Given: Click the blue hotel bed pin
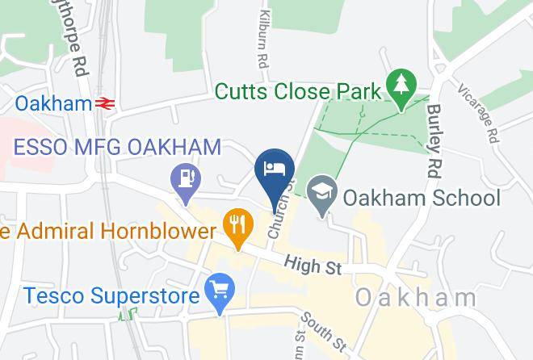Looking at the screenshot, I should pyautogui.click(x=274, y=170).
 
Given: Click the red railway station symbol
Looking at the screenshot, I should pyautogui.click(x=103, y=103).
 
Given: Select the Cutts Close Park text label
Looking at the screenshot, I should pyautogui.click(x=297, y=91).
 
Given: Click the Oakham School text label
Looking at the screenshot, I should pyautogui.click(x=422, y=198).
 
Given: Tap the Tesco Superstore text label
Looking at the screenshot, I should pyautogui.click(x=111, y=295).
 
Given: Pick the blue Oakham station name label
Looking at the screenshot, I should pyautogui.click(x=53, y=103).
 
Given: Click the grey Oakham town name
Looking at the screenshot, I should pyautogui.click(x=417, y=297).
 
